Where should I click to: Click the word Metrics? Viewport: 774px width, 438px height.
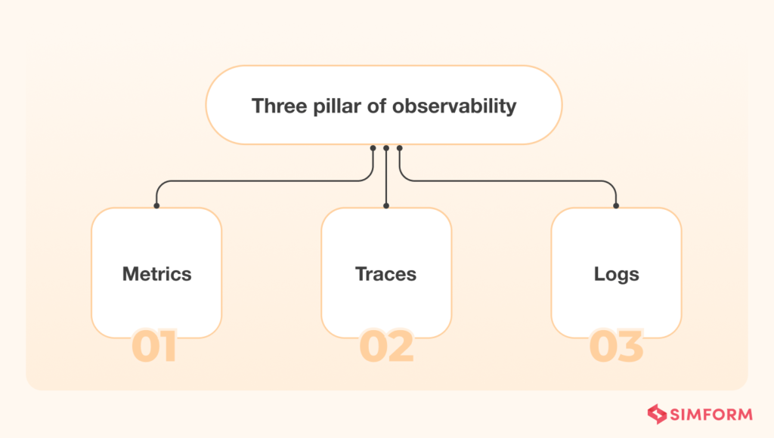[x=156, y=273]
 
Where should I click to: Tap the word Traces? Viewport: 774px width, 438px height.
[x=385, y=273]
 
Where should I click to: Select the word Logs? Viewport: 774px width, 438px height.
[x=616, y=273]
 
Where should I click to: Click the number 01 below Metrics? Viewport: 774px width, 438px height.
[x=154, y=347]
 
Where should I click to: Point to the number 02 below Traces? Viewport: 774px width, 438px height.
[x=386, y=347]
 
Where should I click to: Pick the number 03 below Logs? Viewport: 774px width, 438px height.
[x=616, y=347]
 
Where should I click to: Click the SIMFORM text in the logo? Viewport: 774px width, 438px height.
[x=710, y=414]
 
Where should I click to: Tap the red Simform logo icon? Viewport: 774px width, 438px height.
[x=657, y=414]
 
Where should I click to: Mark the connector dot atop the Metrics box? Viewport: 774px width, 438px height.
[x=156, y=205]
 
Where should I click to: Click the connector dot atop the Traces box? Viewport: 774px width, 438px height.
[x=386, y=205]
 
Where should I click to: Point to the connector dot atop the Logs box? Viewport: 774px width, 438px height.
[x=616, y=205]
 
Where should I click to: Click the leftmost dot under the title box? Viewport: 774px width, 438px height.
[x=373, y=148]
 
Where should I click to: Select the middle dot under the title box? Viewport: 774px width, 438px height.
[x=386, y=148]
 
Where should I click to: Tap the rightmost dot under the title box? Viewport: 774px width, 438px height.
[x=400, y=148]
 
